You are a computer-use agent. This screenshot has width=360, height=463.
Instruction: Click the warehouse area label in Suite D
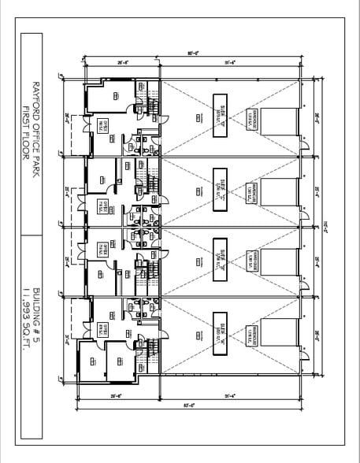[x=251, y=119]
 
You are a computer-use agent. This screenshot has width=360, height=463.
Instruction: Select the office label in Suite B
[x=102, y=250]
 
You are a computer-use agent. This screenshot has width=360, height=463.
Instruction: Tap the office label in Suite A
[x=102, y=328]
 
